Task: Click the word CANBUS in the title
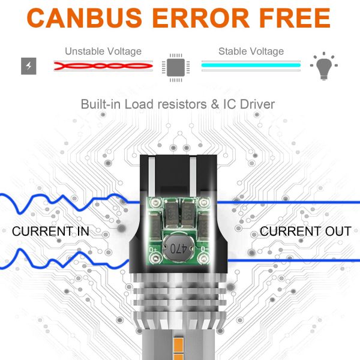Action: point(85,18)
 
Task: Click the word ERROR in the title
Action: point(201,18)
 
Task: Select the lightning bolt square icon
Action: point(29,66)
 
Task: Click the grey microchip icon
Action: point(176,67)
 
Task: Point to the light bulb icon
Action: point(324,66)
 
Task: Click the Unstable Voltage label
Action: point(103,52)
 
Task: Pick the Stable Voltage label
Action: point(251,52)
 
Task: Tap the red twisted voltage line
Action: point(103,66)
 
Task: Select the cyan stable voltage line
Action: point(251,65)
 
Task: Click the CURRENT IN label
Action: point(50,231)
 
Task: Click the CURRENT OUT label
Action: point(305,231)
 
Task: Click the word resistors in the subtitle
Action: point(182,104)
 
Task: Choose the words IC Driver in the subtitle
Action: point(249,104)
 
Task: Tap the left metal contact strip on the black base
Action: point(152,177)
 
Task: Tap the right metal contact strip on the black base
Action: point(193,177)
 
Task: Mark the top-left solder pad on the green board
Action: point(155,203)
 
